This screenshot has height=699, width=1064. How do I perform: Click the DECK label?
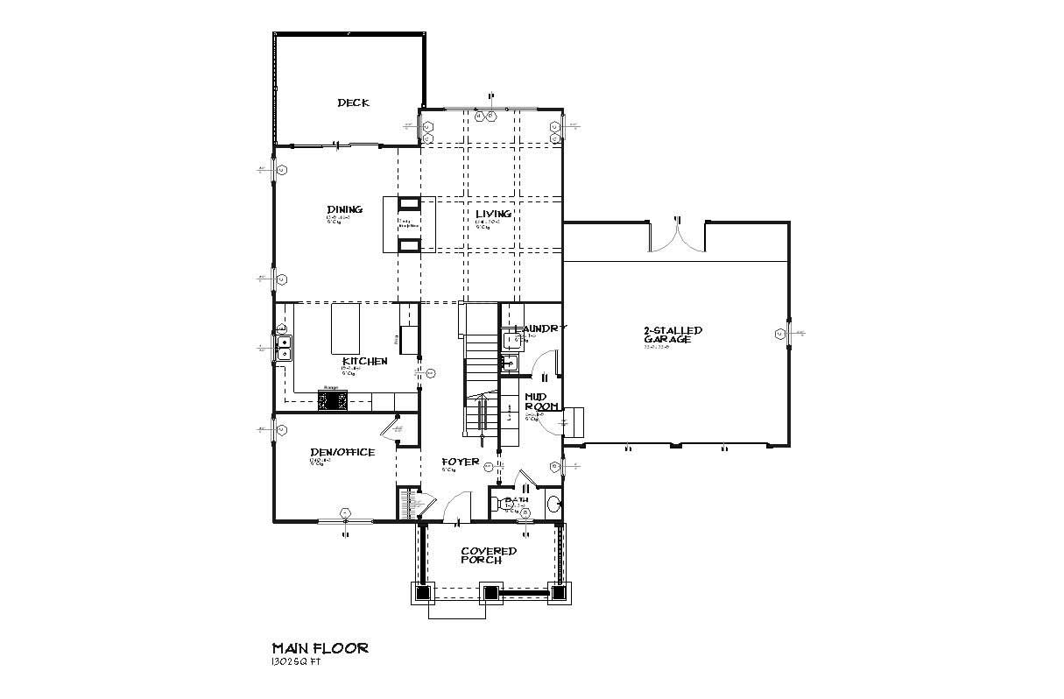[x=353, y=102]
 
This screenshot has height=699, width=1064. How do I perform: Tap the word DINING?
[x=344, y=209]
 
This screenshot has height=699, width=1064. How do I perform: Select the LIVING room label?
[x=493, y=214]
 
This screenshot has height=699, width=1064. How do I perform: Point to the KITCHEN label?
[x=364, y=361]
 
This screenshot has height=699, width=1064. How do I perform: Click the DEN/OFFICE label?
[x=342, y=453]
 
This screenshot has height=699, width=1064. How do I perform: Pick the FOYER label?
[x=460, y=462]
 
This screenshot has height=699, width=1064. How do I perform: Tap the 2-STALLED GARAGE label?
[x=673, y=335]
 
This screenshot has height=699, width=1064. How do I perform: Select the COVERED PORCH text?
[x=489, y=555]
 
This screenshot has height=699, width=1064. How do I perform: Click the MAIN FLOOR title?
[x=320, y=648]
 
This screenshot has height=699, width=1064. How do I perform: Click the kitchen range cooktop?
[x=333, y=400]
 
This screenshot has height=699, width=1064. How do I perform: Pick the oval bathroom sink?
[x=553, y=504]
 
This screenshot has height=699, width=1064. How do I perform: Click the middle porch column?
[x=490, y=593]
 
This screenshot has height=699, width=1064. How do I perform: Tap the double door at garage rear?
[x=677, y=237]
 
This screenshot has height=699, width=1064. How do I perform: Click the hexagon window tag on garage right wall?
[x=779, y=333]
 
